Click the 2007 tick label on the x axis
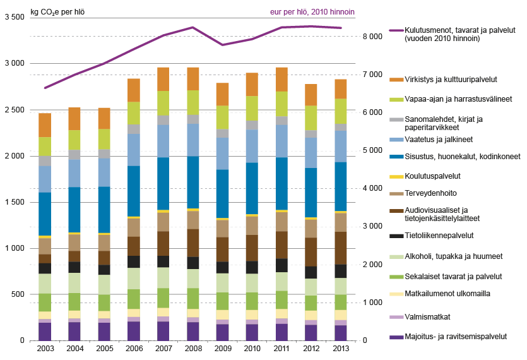(x=163, y=349)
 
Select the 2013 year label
(x=341, y=349)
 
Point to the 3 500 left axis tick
(x=14, y=18)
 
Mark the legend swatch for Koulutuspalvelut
(x=396, y=177)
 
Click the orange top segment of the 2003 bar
(x=45, y=125)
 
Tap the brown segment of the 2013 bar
(x=341, y=248)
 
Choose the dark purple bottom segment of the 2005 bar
(x=104, y=332)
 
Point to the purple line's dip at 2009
(x=223, y=45)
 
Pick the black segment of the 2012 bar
(x=311, y=272)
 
